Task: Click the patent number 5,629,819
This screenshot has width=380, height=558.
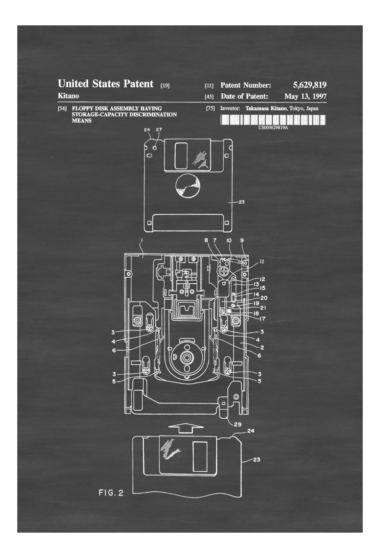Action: (310, 85)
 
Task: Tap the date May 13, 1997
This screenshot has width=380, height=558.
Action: (305, 96)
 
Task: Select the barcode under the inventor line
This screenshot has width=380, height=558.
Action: (273, 120)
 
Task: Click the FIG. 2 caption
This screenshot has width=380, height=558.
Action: (111, 493)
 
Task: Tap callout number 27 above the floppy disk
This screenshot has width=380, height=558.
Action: (159, 130)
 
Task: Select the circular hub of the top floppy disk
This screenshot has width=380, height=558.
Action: (187, 186)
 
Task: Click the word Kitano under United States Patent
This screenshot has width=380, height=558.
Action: (68, 96)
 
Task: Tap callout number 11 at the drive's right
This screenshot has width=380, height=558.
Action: (262, 261)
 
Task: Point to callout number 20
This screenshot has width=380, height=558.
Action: (264, 298)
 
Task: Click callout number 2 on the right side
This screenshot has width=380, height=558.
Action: (262, 347)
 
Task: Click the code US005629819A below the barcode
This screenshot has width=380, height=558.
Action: (273, 128)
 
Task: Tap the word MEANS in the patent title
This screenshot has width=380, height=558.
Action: (82, 121)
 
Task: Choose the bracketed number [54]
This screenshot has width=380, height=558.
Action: (62, 109)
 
